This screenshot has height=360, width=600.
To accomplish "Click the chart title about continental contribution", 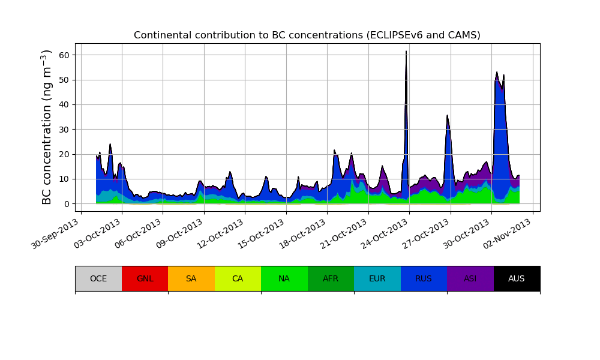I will tap(307, 35).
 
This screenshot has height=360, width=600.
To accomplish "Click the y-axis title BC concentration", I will tap(47, 127).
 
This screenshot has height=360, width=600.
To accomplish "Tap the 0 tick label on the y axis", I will tap(67, 204).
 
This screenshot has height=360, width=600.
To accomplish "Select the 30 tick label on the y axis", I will tap(64, 130).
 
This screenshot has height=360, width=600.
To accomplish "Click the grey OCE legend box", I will tap(98, 278).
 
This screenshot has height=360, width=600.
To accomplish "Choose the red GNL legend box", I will tap(145, 278).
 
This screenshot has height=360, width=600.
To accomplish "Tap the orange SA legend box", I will tap(191, 278).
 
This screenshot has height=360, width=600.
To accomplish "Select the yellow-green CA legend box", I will tap(238, 278).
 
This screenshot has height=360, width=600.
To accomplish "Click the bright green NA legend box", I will tap(284, 278).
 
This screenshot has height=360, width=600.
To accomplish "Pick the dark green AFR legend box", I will tap(331, 278).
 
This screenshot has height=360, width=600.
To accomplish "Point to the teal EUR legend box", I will tap(377, 278).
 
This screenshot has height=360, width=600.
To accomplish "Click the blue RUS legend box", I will tap(424, 278).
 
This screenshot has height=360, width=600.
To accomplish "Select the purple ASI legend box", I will tap(470, 278).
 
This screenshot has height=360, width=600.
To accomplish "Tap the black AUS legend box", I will tap(517, 278).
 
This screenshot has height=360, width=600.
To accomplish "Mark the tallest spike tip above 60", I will tap(406, 52).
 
